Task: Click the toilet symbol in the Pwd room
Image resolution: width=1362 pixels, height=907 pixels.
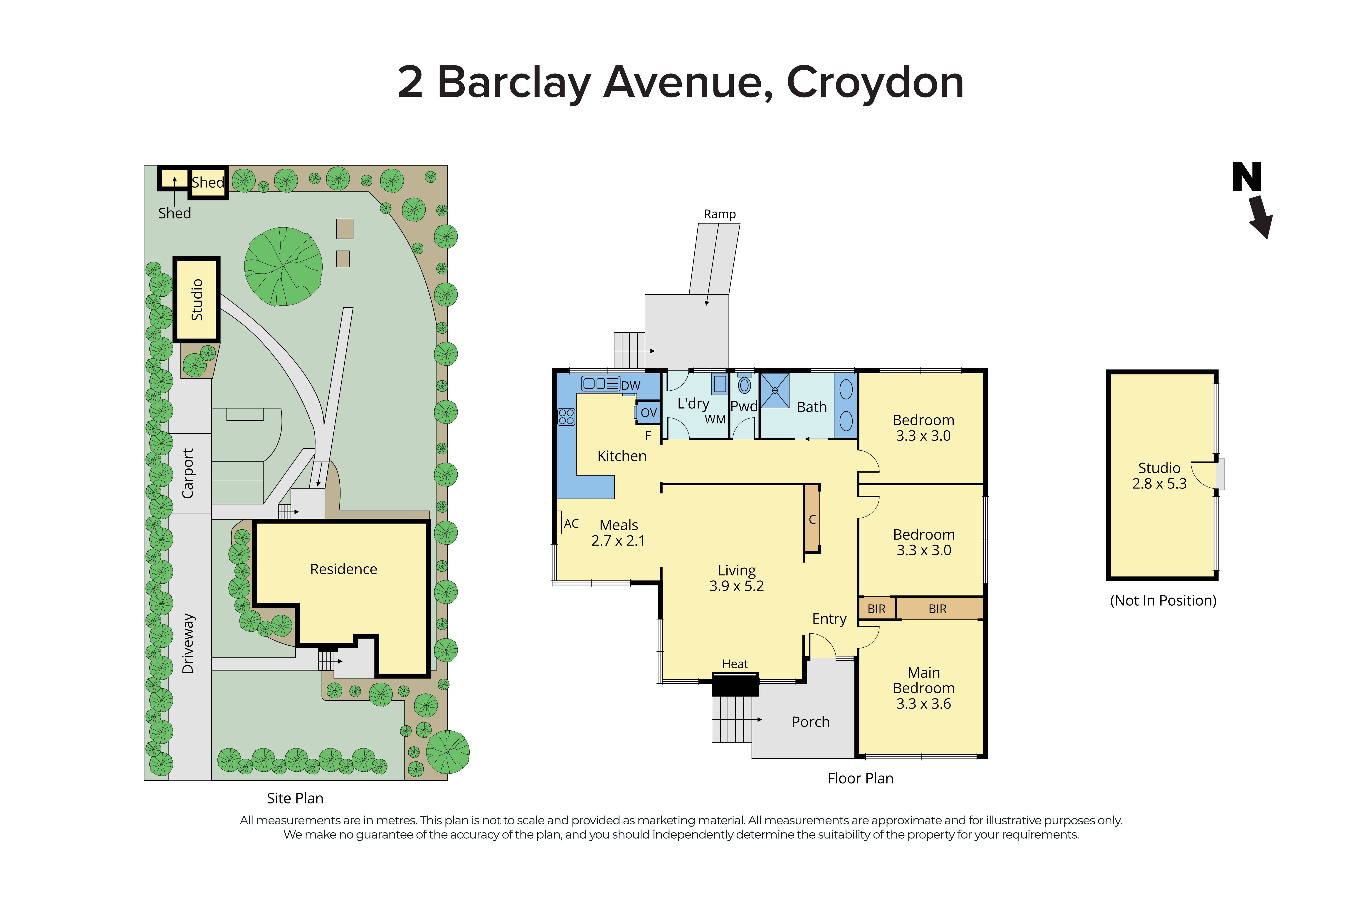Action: (x=745, y=385)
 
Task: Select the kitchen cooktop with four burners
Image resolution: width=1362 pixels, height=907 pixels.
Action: (x=566, y=416)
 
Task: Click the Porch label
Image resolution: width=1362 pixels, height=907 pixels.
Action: (x=810, y=722)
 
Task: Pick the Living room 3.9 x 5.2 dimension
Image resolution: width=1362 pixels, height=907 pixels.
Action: (x=736, y=586)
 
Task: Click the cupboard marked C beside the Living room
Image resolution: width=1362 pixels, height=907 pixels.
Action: (x=812, y=519)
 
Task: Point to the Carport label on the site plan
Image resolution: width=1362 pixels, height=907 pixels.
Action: (x=188, y=473)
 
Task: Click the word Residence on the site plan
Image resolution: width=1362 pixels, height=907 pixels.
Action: (x=343, y=569)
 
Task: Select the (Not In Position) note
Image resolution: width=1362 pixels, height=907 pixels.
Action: (x=1162, y=600)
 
